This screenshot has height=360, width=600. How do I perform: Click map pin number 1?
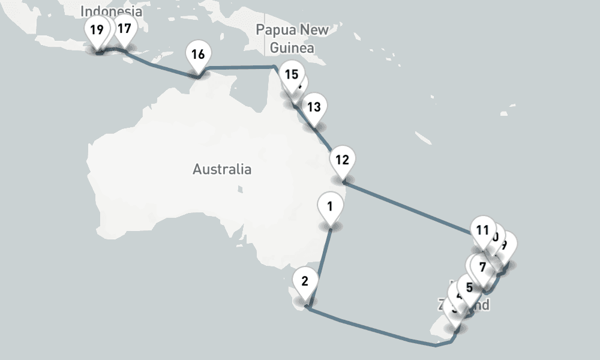tap(329, 208)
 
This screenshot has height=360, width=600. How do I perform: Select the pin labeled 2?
tap(305, 281)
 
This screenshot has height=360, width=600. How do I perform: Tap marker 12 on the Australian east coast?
tap(343, 160)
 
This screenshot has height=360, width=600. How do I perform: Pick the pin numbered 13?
tap(314, 108)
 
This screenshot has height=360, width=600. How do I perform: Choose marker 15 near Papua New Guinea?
tap(291, 75)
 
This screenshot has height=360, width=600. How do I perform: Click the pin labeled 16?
tap(198, 55)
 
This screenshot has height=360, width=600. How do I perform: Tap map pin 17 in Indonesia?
tap(124, 28)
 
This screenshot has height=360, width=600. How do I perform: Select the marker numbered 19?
tap(97, 29)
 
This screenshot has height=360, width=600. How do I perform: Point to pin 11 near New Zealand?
tap(482, 230)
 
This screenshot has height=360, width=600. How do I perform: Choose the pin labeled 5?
tap(469, 287)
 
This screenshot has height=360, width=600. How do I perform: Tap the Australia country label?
tap(222, 169)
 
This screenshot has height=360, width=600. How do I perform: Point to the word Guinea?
tap(292, 47)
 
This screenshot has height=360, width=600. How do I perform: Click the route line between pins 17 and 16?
tap(162, 68)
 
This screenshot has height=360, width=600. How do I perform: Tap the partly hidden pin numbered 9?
tap(506, 245)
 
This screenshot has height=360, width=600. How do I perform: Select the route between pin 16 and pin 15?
tap(240, 67)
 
